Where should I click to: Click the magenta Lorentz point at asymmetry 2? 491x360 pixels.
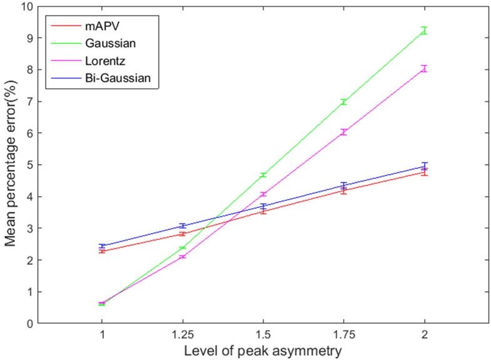[x=425, y=68]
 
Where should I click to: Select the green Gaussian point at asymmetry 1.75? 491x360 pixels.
[x=344, y=101]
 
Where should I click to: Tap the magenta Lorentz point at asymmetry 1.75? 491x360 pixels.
[x=344, y=132]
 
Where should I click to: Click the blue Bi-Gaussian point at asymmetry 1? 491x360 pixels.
[x=102, y=246]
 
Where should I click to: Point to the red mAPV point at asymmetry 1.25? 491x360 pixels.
[x=183, y=234]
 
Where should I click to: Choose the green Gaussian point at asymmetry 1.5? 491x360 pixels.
[x=263, y=175]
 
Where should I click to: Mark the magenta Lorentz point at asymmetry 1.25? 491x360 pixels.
[x=183, y=257]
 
